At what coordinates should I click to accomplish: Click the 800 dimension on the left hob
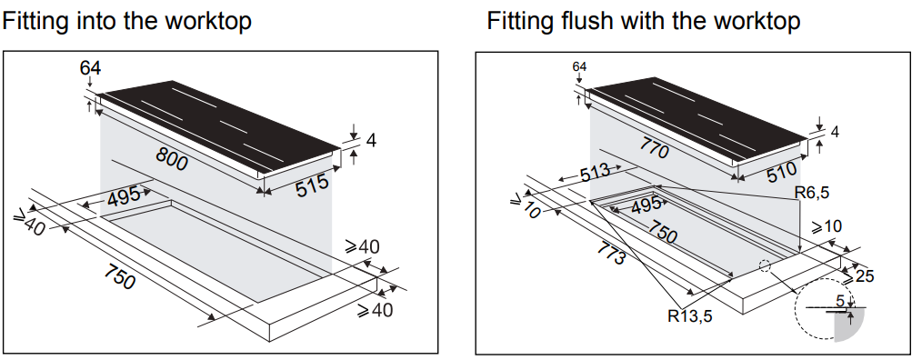(172, 159)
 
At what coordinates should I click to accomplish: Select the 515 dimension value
(312, 185)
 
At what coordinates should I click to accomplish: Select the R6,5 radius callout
(811, 192)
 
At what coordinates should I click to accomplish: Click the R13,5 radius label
(690, 316)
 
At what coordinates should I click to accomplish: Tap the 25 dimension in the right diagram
(862, 275)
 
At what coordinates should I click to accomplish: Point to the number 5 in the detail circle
(841, 301)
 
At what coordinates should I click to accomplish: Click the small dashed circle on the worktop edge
(765, 265)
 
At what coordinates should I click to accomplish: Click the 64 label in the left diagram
(91, 68)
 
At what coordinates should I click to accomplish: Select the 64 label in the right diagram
(580, 67)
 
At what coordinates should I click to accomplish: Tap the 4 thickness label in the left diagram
(370, 141)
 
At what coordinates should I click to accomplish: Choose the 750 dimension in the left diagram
(119, 277)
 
